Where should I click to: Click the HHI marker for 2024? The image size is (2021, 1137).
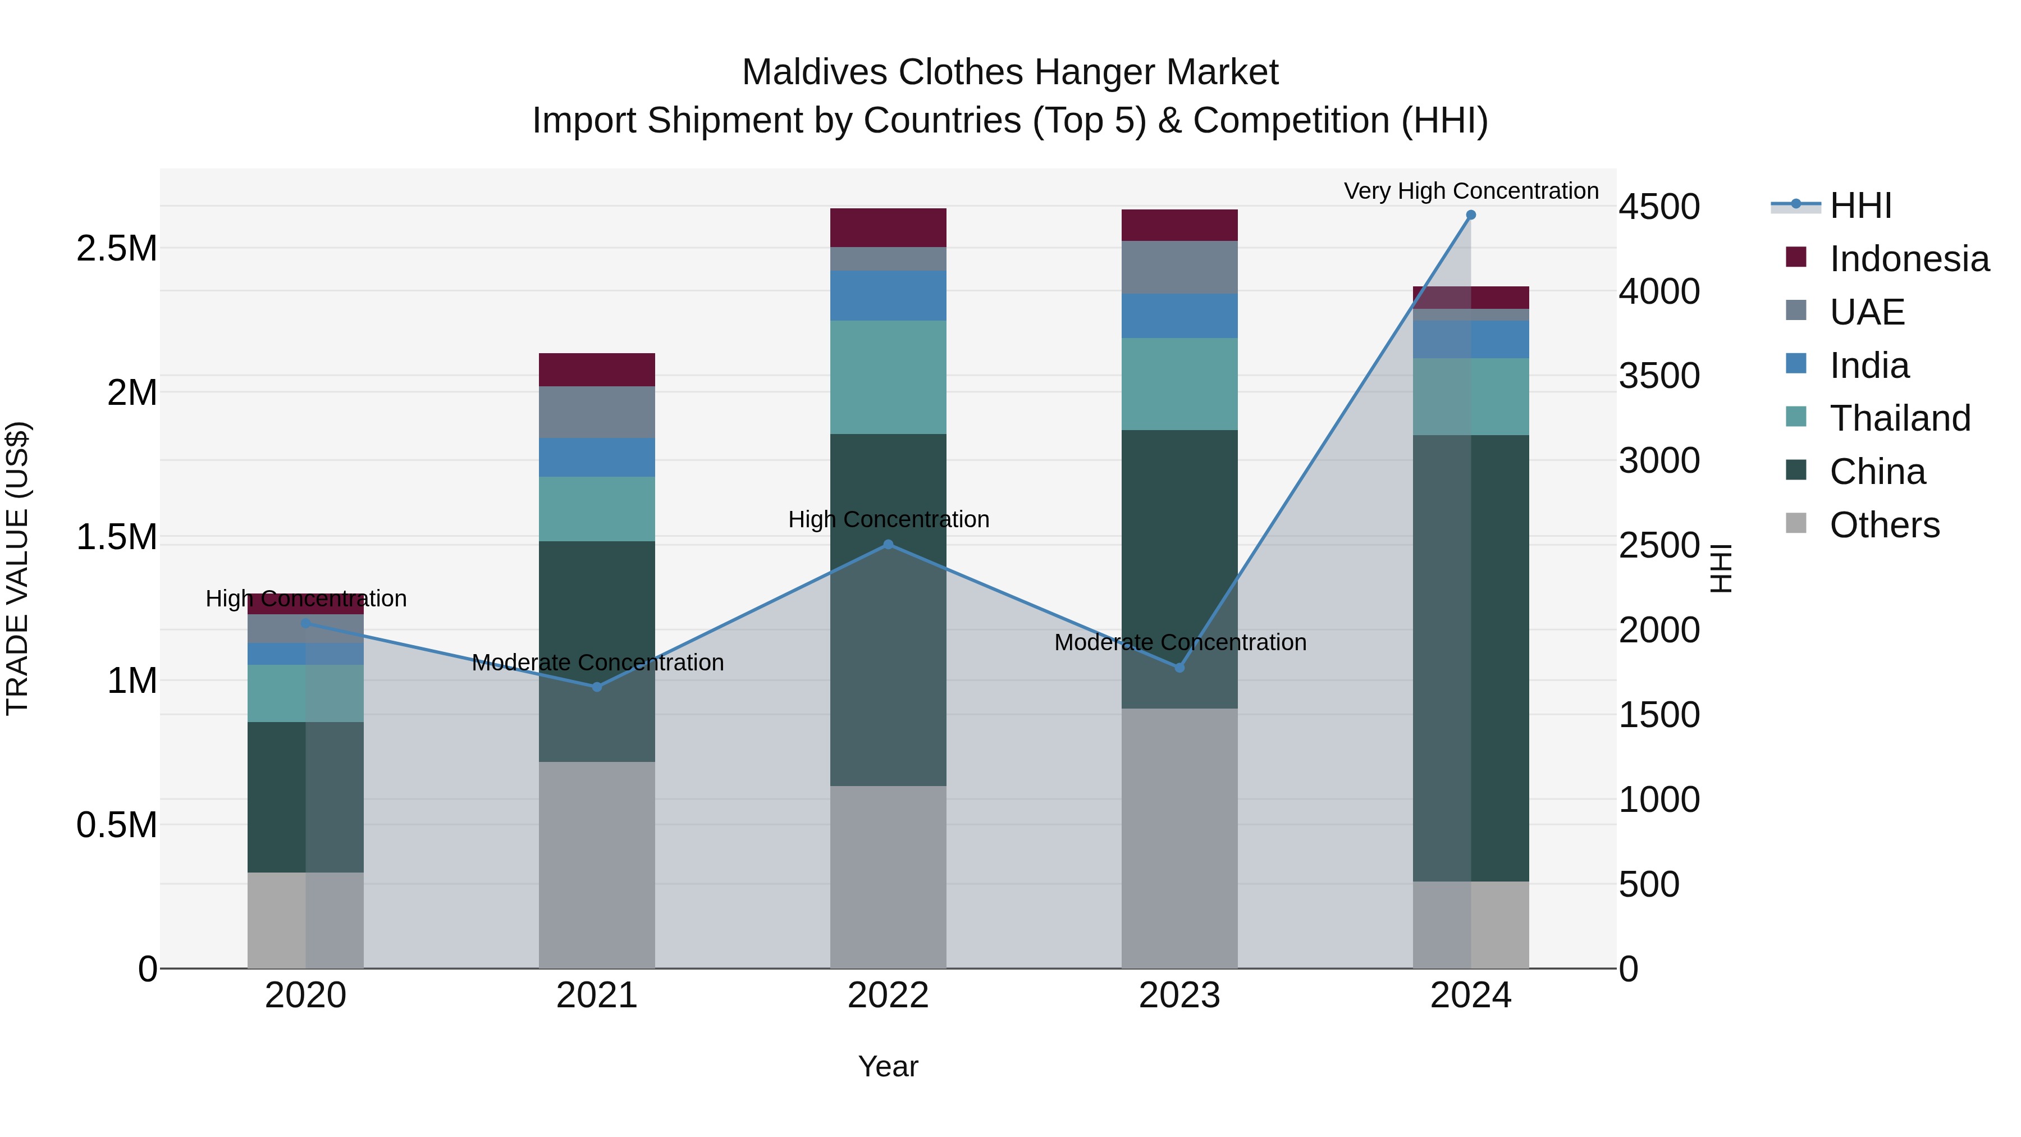pos(1470,215)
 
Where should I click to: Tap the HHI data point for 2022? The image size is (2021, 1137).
pos(888,545)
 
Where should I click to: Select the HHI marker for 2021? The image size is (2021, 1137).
pos(597,687)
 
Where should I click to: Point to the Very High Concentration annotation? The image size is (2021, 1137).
pos(1470,191)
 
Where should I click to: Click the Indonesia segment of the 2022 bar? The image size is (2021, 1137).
pos(888,227)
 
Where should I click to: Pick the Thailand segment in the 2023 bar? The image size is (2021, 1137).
pos(1179,383)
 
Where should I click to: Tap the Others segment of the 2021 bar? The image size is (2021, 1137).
pos(597,865)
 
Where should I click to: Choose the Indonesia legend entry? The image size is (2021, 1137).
pos(1908,259)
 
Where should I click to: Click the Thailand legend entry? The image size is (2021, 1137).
pos(1899,418)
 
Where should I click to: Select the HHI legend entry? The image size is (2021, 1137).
pos(1860,206)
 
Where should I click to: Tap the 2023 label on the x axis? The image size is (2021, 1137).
pos(1179,996)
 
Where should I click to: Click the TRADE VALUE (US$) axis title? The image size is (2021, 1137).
pos(17,568)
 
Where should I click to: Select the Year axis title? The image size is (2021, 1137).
pos(888,1066)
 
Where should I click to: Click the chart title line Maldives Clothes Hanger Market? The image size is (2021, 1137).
pos(1010,72)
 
